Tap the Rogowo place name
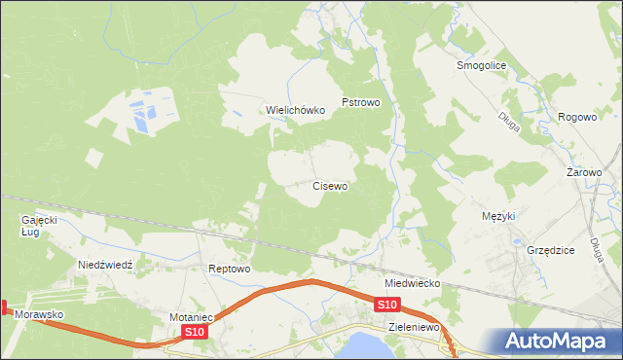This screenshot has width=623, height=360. coord(577,117)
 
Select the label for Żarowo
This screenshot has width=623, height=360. coord(585,172)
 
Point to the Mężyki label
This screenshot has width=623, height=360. coord(498,216)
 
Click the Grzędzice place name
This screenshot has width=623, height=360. coord(551,250)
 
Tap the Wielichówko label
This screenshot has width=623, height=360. coord(296,111)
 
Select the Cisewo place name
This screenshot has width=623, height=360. coord(330,185)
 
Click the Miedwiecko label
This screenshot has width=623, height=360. coord(413,283)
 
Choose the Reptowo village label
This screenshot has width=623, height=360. coord(231,269)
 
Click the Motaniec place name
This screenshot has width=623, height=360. coord(191,317)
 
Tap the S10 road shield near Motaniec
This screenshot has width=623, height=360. coord(195,333)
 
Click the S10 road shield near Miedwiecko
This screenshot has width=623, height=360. coord(386,306)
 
